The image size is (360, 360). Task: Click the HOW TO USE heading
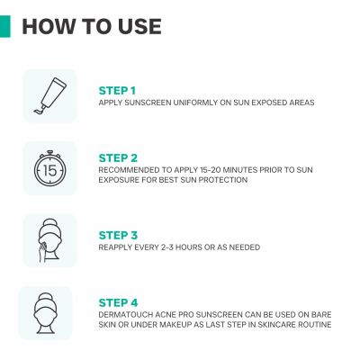click(x=92, y=26)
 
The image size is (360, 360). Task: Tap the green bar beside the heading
click(x=5, y=26)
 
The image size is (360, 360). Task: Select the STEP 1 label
click(x=117, y=91)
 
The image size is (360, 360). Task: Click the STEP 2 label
click(x=118, y=158)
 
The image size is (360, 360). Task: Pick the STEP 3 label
click(x=118, y=236)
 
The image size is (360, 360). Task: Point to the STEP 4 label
click(x=118, y=302)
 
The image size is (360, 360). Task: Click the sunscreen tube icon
click(x=49, y=95)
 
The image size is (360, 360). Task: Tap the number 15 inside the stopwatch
click(x=49, y=171)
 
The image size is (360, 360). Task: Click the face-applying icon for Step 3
click(x=49, y=240)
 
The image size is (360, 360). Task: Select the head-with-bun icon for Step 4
click(x=45, y=313)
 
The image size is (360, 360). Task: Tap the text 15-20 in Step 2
click(x=207, y=170)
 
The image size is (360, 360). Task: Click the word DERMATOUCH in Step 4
click(x=126, y=315)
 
